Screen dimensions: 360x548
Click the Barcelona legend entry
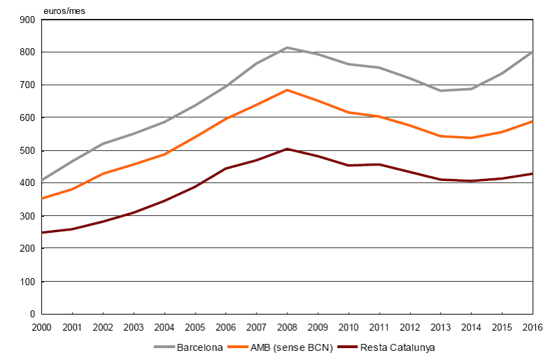pos(194,347)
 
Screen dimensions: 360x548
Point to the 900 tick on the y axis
pos(27,20)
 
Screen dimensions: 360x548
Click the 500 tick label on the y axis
pos(27,150)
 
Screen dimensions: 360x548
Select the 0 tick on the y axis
pos(32,315)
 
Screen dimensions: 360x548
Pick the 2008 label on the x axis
pos(287,327)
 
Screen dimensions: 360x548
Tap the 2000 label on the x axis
pos(41,327)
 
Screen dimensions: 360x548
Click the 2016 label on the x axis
pos(533,327)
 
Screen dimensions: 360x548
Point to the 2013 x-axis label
pos(440,327)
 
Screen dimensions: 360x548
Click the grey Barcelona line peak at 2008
pos(287,48)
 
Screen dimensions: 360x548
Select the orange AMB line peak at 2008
pos(287,90)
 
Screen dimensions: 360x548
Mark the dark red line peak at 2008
pos(287,149)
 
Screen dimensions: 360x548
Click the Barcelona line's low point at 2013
pos(440,90)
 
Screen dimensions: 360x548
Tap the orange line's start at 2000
pos(42,199)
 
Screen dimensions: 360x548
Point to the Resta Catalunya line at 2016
pos(532,173)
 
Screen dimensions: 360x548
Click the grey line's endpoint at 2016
pos(532,52)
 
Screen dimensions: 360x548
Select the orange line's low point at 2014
pos(471,138)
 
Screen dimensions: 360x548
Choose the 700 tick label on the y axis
pos(27,85)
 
